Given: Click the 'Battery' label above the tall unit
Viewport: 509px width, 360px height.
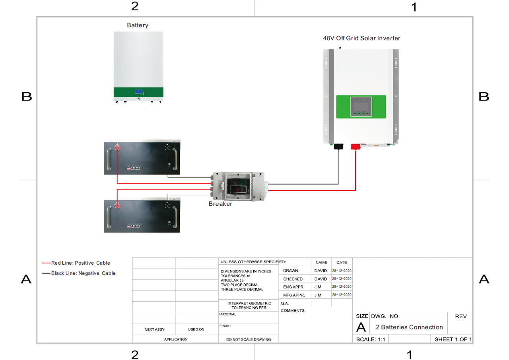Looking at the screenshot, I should (138, 25).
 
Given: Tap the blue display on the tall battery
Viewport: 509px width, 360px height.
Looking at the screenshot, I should (138, 92).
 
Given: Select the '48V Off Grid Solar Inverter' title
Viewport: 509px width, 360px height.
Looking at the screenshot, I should (361, 38).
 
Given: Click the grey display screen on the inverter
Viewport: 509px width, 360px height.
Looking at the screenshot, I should (361, 106).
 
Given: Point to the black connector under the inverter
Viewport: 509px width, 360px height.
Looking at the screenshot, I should (338, 147).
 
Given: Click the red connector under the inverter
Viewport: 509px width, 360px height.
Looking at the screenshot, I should (356, 147).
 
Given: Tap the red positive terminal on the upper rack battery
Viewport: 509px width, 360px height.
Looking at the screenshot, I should (117, 148).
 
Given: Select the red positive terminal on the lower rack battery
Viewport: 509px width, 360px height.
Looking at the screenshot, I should (117, 205).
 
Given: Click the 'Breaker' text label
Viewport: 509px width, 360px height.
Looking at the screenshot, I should (220, 204).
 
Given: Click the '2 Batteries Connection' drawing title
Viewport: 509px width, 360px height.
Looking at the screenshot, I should (409, 327).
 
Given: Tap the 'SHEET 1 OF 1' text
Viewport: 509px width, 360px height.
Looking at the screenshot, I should (453, 339).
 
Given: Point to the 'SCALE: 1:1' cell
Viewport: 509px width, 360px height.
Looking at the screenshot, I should (370, 339).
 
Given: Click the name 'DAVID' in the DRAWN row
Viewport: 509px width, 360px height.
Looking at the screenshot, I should (321, 271).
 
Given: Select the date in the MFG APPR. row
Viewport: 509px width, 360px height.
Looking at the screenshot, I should (342, 295).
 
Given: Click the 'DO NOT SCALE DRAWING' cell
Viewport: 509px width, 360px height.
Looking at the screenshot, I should (249, 339).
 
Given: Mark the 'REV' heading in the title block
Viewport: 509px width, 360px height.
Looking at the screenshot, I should (460, 317).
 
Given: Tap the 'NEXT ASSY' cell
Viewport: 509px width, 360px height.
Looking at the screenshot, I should (154, 329).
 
